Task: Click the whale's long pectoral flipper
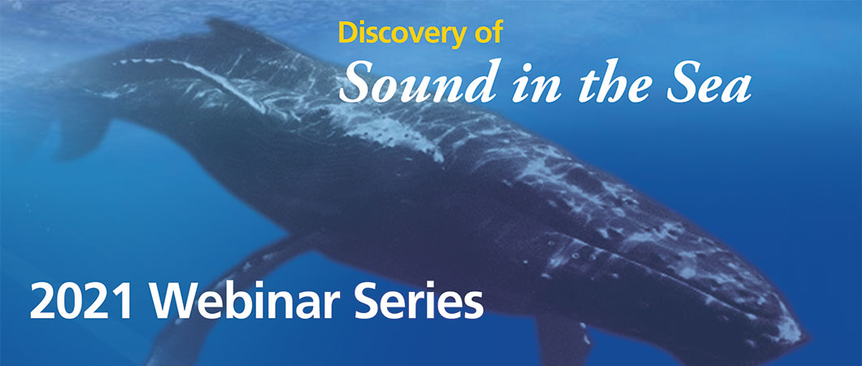tap(211, 293)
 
